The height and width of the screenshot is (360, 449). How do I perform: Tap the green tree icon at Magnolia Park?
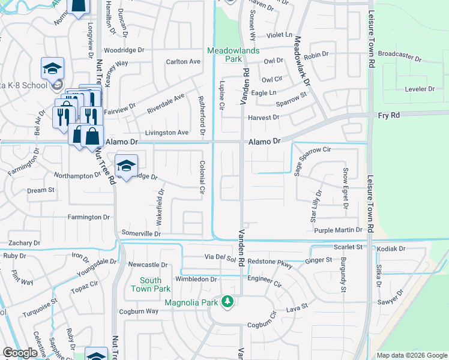228,301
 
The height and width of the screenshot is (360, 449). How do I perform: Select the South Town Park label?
151,284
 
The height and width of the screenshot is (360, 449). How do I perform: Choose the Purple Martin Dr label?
339,230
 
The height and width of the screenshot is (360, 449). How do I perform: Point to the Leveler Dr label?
420,88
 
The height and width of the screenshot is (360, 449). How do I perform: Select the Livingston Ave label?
167,133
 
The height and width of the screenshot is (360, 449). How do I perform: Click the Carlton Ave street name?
183,61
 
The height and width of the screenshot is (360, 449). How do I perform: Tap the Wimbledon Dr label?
196,279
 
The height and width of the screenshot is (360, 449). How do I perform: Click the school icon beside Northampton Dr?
127,166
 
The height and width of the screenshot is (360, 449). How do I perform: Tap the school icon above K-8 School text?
53,68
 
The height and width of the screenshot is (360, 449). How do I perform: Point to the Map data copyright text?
412,355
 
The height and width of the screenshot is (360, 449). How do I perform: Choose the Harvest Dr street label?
264,117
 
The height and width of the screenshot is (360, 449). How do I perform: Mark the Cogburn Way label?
139,311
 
